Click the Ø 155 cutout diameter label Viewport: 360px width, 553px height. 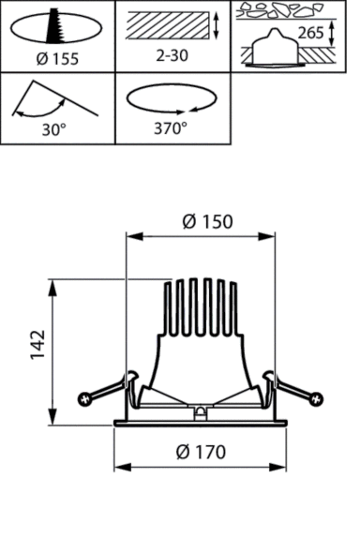(x=57, y=59)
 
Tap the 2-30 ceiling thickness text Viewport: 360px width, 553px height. (x=172, y=55)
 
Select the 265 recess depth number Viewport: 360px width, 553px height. (x=310, y=33)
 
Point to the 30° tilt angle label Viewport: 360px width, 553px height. (x=54, y=129)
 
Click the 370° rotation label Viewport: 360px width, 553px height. (x=171, y=128)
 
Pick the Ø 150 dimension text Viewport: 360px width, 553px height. (x=208, y=222)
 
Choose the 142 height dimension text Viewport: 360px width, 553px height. (x=37, y=345)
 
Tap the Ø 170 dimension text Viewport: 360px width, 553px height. (x=201, y=452)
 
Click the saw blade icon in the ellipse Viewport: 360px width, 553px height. (x=54, y=25)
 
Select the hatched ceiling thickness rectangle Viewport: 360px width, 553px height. (x=168, y=25)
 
